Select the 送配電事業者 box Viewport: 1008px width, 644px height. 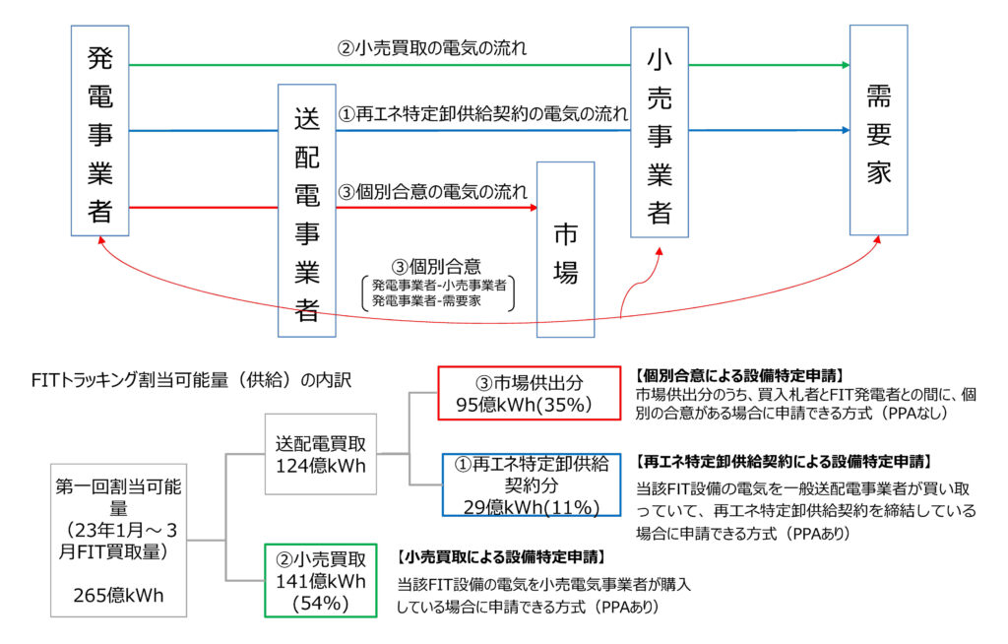tap(307, 210)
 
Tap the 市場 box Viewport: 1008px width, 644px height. tap(565, 252)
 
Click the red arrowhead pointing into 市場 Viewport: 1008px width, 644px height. tap(533, 208)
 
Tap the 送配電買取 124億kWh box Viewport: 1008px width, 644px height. tap(321, 454)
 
